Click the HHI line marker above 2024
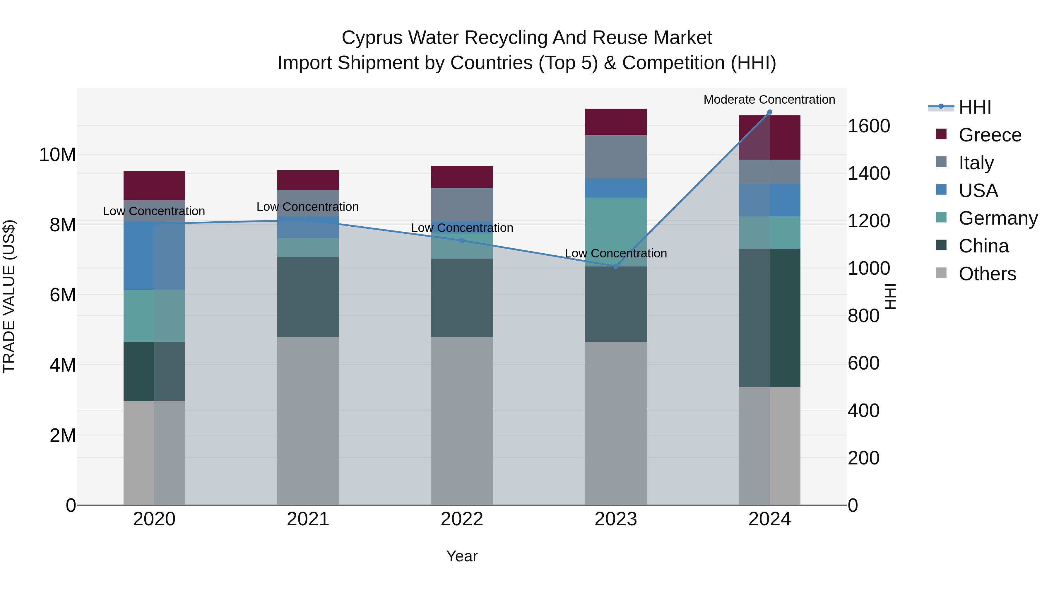(769, 112)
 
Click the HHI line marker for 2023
(615, 266)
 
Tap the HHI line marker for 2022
(462, 240)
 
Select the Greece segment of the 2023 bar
(615, 122)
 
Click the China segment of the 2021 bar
(308, 297)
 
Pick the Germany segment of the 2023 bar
(615, 232)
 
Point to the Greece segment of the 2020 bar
(154, 185)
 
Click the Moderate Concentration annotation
(769, 100)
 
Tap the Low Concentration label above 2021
(307, 207)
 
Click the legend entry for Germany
(997, 218)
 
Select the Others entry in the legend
(987, 274)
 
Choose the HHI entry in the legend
(975, 107)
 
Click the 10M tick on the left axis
(57, 155)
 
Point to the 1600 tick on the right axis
(869, 126)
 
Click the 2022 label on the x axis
(462, 519)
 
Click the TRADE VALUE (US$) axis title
(9, 296)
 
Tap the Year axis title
(462, 556)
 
